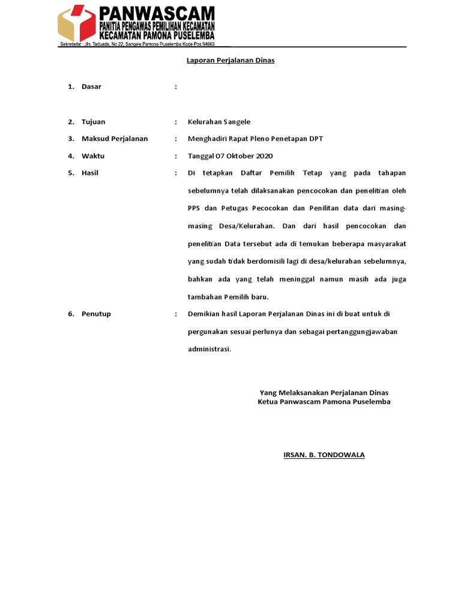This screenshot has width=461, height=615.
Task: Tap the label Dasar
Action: click(91, 86)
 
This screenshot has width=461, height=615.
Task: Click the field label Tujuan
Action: click(93, 122)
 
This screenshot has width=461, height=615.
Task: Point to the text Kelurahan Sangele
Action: click(219, 122)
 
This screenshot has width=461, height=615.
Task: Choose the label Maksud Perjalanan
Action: click(115, 139)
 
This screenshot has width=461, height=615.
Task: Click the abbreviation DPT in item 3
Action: click(316, 139)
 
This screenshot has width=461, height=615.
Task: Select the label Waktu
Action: click(93, 156)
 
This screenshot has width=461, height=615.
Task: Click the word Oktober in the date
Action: click(237, 156)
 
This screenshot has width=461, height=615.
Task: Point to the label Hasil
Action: click(90, 173)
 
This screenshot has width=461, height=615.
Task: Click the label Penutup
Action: click(96, 314)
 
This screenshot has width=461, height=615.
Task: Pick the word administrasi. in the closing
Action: click(209, 349)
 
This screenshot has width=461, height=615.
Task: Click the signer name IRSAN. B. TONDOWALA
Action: click(324, 455)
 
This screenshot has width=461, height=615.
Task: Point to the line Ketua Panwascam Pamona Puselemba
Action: click(324, 402)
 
